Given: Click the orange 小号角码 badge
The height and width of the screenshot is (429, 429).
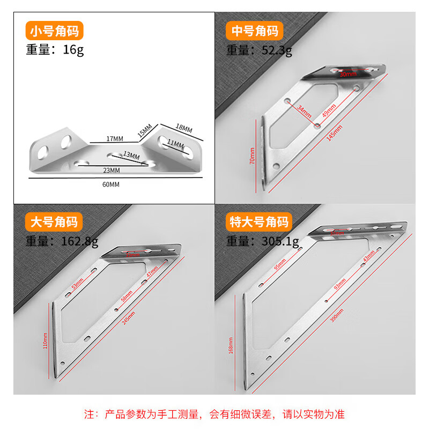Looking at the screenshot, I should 54,31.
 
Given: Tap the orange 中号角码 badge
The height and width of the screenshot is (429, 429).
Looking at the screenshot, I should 254,31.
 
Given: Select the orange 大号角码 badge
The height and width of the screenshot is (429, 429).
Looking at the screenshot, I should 54,221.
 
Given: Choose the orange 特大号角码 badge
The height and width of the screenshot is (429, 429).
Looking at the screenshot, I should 260,221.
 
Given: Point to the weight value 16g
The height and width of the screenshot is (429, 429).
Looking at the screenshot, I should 73,50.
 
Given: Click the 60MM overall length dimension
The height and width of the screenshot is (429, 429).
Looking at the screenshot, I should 110,184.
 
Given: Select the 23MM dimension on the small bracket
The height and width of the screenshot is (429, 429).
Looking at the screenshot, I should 113,171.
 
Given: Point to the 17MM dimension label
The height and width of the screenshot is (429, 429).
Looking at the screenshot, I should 115,139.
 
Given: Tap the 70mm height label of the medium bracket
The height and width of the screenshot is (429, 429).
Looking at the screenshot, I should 252,156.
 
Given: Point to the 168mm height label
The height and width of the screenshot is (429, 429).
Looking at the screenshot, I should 231,345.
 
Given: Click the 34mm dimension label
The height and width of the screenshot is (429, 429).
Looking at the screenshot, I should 304,112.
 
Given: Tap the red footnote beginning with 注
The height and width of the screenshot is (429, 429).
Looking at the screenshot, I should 214,414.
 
